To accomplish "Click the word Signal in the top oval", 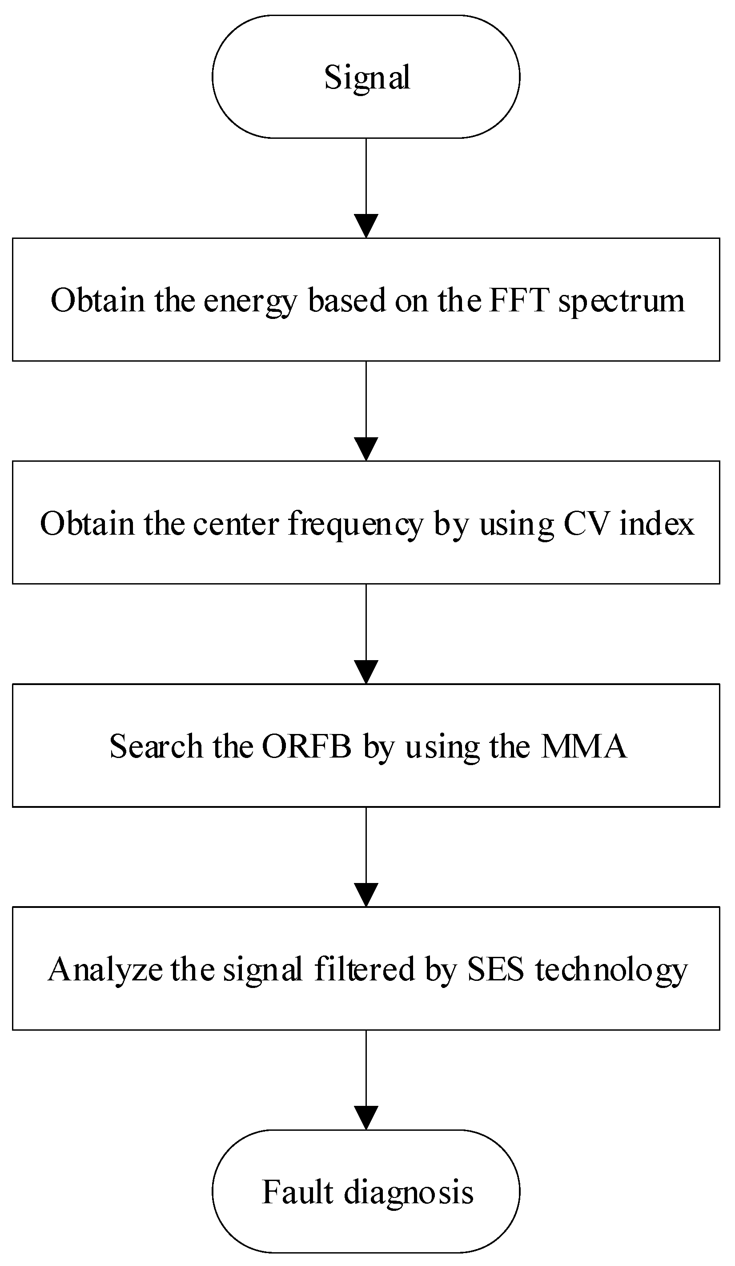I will pyautogui.click(x=367, y=78).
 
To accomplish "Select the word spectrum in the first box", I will pyautogui.click(x=622, y=302).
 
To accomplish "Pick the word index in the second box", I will pyautogui.click(x=657, y=524).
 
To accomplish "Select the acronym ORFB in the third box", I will pyautogui.click(x=306, y=746).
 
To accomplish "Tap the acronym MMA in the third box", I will pyautogui.click(x=584, y=746).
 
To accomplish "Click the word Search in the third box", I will pyautogui.click(x=156, y=746).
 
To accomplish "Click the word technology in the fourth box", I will pyautogui.click(x=611, y=971).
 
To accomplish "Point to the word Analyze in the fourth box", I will pyautogui.click(x=105, y=970).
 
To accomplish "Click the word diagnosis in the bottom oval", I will pyautogui.click(x=408, y=1193).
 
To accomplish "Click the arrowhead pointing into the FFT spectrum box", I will pyautogui.click(x=366, y=226).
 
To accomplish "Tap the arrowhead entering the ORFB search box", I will pyautogui.click(x=366, y=672).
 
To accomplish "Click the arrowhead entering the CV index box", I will pyautogui.click(x=366, y=449).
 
